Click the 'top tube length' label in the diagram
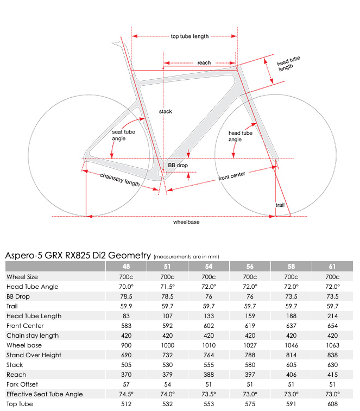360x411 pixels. click(x=190, y=36)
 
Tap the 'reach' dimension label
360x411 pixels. click(x=204, y=63)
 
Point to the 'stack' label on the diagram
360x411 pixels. click(x=165, y=111)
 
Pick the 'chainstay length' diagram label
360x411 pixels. click(x=120, y=180)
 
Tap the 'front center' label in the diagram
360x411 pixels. click(x=232, y=175)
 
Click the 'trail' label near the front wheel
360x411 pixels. click(x=280, y=205)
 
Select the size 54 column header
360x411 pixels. click(x=209, y=267)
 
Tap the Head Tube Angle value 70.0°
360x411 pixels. click(x=126, y=286)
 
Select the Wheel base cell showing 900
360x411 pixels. click(x=126, y=345)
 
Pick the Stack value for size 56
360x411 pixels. click(x=250, y=365)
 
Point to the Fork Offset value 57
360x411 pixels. click(x=126, y=384)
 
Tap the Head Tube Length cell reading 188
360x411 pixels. click(x=291, y=316)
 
